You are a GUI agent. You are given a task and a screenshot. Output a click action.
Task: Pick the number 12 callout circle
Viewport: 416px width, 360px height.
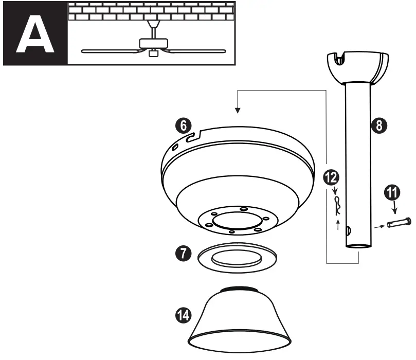pyautogui.click(x=330, y=178)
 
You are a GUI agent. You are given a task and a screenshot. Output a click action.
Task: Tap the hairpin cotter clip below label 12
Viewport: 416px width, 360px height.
pyautogui.click(x=337, y=206)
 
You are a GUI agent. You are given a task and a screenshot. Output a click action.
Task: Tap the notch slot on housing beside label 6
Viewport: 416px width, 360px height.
pyautogui.click(x=195, y=136)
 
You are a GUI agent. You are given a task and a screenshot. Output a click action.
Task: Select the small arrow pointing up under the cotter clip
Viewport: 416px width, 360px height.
pyautogui.click(x=338, y=224)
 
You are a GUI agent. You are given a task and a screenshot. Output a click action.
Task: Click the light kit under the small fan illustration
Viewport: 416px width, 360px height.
pyautogui.click(x=153, y=53)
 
